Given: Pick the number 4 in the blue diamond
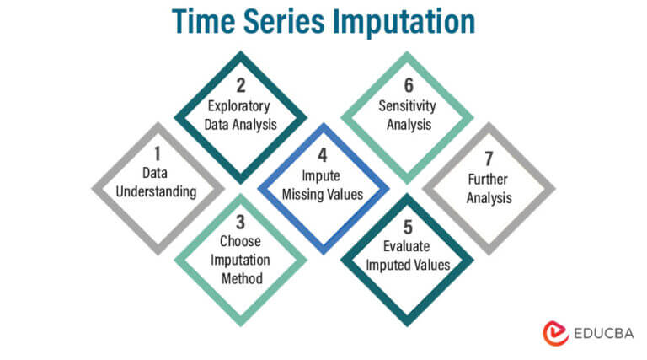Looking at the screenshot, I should click(323, 155).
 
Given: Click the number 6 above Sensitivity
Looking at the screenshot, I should click(407, 86).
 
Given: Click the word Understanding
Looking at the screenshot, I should click(157, 191).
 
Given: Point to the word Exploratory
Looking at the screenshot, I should click(241, 107).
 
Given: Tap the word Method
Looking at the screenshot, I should click(240, 278).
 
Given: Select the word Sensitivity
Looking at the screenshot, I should click(407, 107).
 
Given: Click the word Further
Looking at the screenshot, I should click(489, 180).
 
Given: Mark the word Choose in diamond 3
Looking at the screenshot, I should click(240, 245).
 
